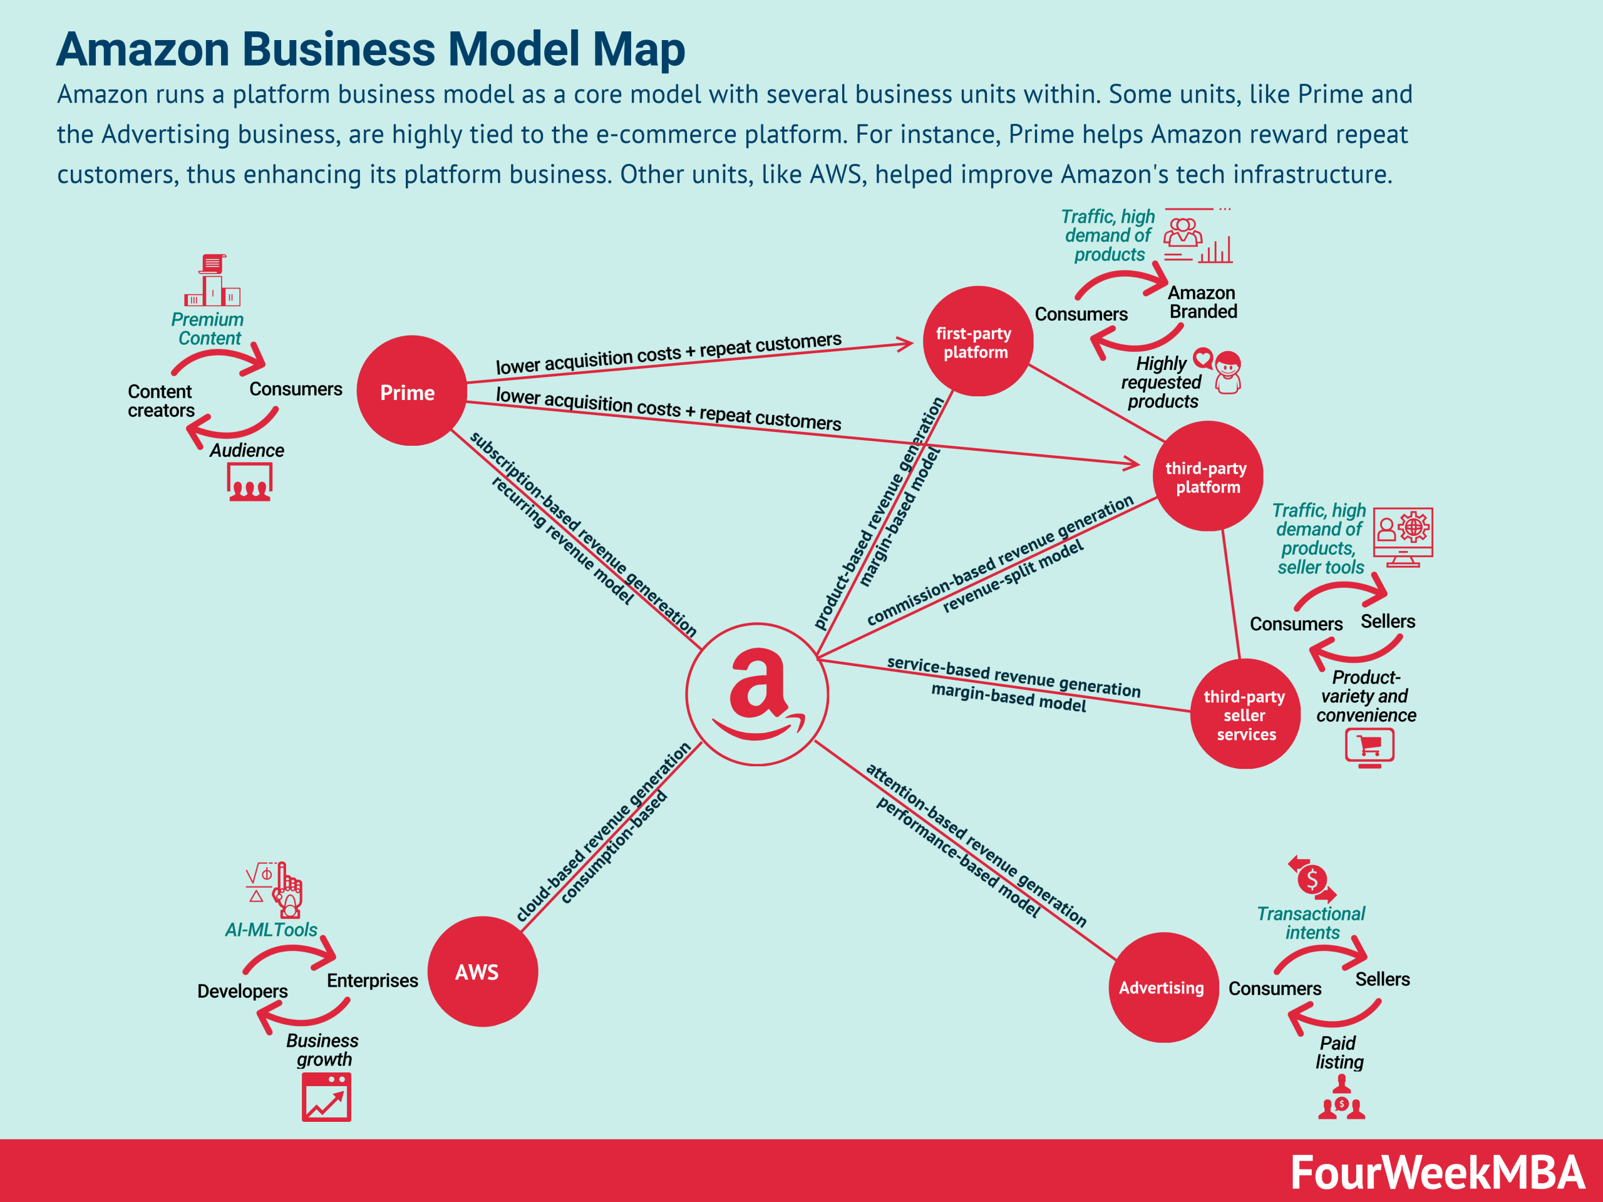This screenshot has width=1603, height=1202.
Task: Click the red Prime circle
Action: [411, 391]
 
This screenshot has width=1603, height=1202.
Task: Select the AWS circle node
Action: [482, 971]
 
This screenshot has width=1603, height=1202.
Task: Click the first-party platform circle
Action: [977, 341]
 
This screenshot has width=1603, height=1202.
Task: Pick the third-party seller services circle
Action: [1244, 714]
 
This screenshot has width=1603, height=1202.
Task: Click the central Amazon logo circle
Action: [756, 694]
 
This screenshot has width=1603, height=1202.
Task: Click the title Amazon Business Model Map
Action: [370, 49]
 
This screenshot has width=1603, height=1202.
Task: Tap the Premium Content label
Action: [208, 329]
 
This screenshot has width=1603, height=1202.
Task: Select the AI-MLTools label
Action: [271, 930]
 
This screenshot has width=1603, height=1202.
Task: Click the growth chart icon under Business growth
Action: [326, 1097]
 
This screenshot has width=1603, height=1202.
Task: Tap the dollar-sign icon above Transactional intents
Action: [1312, 879]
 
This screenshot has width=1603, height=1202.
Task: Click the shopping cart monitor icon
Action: [1369, 747]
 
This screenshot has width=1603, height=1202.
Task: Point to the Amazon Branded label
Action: [1202, 302]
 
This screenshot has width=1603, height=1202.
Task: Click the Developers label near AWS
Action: [242, 990]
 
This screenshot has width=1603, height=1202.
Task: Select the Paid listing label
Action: [1339, 1052]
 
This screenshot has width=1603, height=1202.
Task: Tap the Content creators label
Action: [161, 401]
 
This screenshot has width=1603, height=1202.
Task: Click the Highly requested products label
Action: [1161, 382]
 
